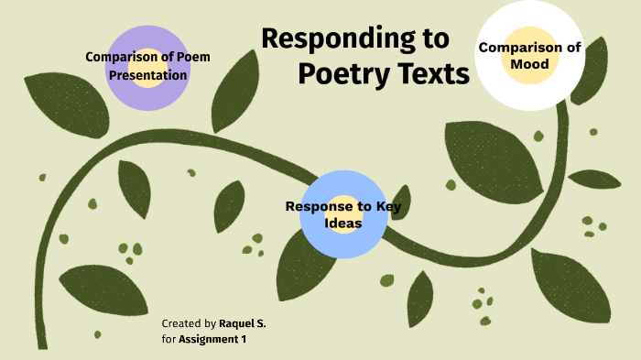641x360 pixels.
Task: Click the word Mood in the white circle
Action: click(x=530, y=65)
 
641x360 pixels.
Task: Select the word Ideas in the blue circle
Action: click(x=342, y=223)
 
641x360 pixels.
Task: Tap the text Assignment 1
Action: click(x=212, y=339)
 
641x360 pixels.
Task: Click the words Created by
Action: click(x=189, y=324)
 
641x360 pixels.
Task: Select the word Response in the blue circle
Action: click(x=318, y=206)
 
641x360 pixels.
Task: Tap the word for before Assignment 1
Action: click(x=168, y=339)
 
